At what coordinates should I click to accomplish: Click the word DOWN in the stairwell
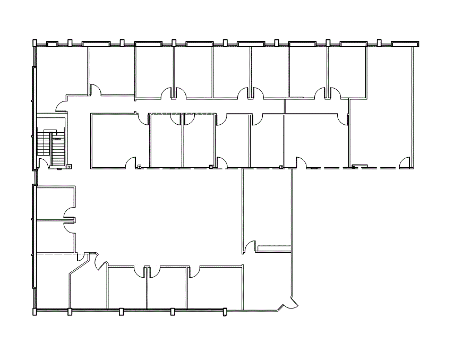pyautogui.click(x=57, y=139)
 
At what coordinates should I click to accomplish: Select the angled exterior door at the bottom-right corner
pyautogui.click(x=290, y=302)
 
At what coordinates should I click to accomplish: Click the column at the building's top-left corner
pyautogui.click(x=35, y=43)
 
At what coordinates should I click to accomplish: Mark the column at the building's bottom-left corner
pyautogui.click(x=35, y=312)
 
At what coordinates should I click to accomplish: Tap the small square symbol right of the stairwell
pyautogui.click(x=70, y=167)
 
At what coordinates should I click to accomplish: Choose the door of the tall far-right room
pyautogui.click(x=405, y=162)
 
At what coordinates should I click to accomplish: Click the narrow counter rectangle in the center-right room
pyautogui.click(x=273, y=248)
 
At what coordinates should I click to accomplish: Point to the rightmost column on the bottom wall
pyautogui.click(x=225, y=312)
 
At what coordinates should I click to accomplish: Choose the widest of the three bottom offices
pyautogui.click(x=215, y=287)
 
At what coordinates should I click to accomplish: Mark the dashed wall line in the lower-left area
pyautogui.click(x=56, y=255)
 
